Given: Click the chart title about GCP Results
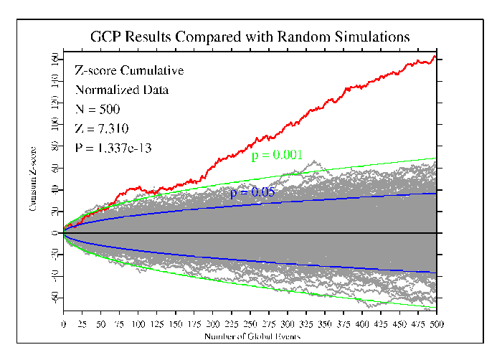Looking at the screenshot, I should pyautogui.click(x=250, y=36).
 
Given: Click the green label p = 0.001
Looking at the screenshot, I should pyautogui.click(x=277, y=154).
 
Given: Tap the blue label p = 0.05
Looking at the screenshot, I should pyautogui.click(x=252, y=193).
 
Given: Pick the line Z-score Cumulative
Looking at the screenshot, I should pyautogui.click(x=129, y=71).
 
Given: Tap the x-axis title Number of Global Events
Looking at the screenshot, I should pyautogui.click(x=250, y=336).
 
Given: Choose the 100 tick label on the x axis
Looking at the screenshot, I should pyautogui.click(x=138, y=324).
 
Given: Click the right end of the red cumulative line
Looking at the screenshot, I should pyautogui.click(x=435, y=56).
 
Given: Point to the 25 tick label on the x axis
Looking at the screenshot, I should pyautogui.click(x=82, y=324).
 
